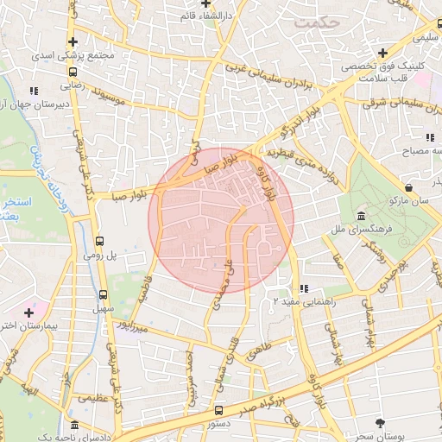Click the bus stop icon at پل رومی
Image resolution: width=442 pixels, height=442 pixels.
coord(99,242)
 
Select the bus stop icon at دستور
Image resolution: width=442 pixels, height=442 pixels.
coord(218,411)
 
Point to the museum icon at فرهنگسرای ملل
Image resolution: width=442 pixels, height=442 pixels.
coord(360,216)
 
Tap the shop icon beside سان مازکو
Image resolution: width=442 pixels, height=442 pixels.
coord(407,186)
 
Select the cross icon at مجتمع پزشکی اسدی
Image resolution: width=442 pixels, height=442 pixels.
coord(73,41)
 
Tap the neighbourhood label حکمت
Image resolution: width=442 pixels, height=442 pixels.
coord(313,22)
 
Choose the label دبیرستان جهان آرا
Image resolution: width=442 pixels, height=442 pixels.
coord(33,105)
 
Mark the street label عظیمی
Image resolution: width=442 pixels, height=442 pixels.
coord(93,399)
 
